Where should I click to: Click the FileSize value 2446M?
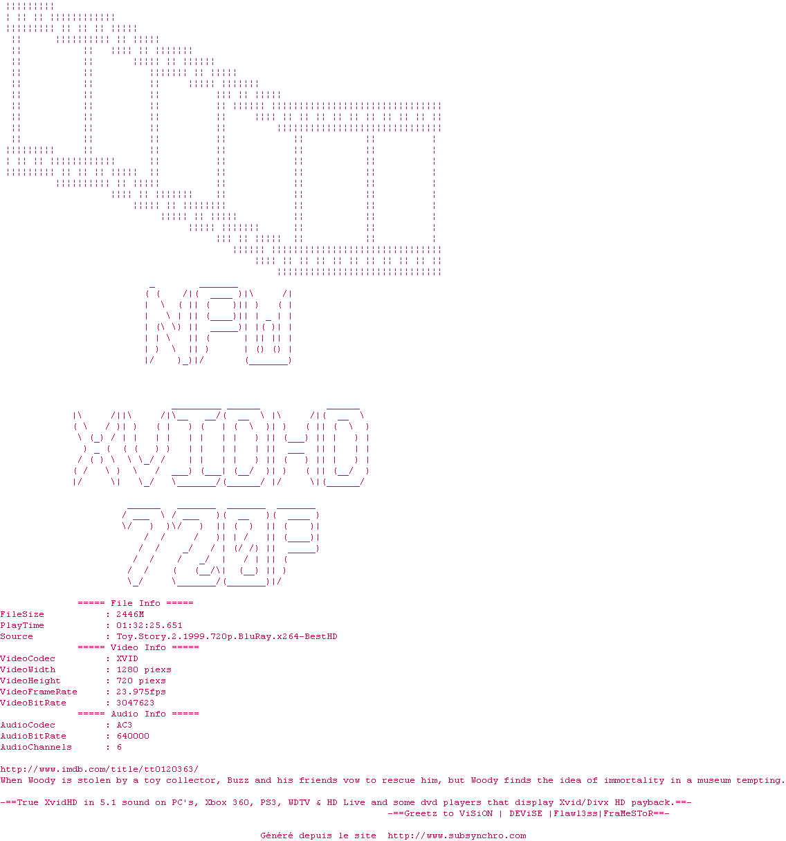coord(130,614)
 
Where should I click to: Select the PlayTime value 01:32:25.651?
coord(149,625)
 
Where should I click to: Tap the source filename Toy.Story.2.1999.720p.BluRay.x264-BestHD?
coord(227,636)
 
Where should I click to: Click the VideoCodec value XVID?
coord(127,658)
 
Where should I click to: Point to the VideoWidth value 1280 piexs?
coord(144,669)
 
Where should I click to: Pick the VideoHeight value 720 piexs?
coord(141,681)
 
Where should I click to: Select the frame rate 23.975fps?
coord(141,692)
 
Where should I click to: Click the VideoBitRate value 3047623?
coord(136,703)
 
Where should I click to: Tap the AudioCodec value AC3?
coord(125,725)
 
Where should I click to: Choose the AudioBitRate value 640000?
coord(133,736)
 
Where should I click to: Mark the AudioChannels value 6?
coord(119,747)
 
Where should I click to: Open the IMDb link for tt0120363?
coord(100,769)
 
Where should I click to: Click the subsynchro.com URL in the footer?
coord(457,835)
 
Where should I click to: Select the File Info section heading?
coord(136,603)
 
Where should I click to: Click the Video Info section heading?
coord(138,647)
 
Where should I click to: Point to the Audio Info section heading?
coord(138,714)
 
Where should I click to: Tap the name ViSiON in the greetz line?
coord(476,813)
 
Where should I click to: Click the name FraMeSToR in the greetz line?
coord(628,813)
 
